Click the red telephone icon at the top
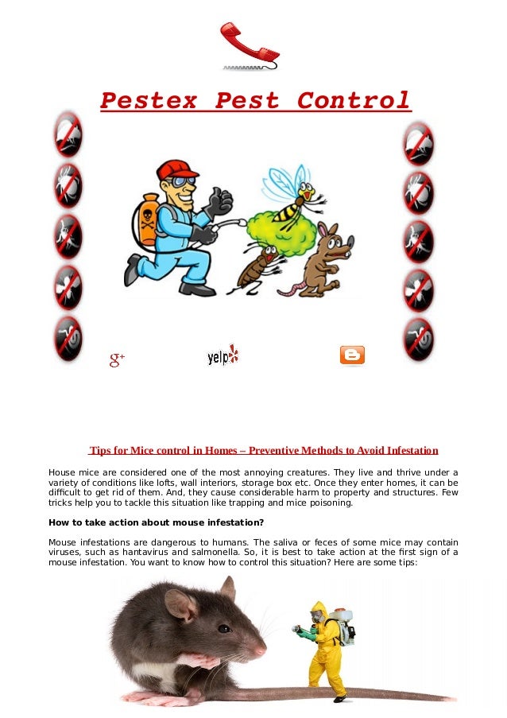click(x=249, y=45)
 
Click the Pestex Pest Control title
click(x=255, y=101)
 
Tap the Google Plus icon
click(x=118, y=359)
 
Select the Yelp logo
click(x=223, y=355)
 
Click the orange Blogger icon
click(x=352, y=355)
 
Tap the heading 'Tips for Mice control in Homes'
click(x=263, y=451)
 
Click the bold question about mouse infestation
click(x=156, y=522)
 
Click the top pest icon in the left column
click(x=68, y=134)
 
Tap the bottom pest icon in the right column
click(x=418, y=339)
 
